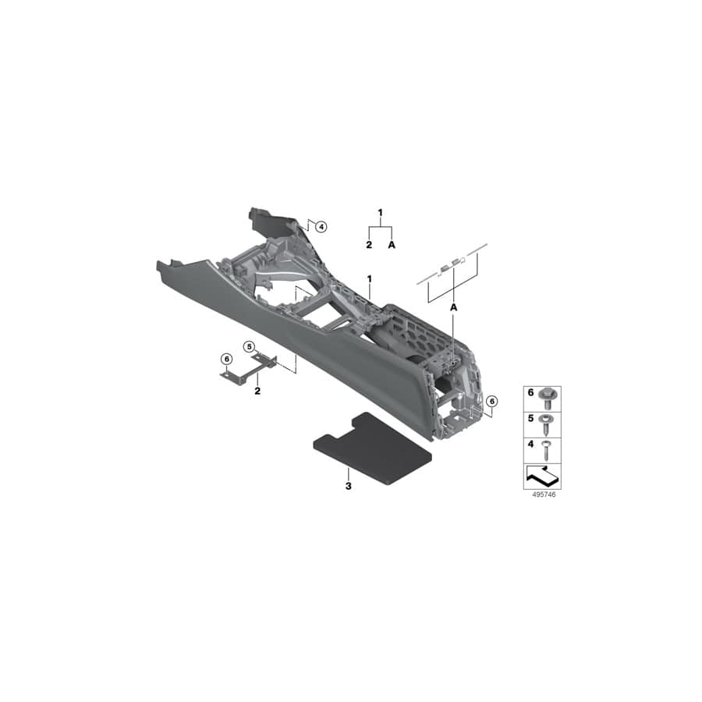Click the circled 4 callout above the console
point(321,226)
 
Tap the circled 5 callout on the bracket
point(249,346)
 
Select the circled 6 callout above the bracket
point(226,359)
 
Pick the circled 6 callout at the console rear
point(491,401)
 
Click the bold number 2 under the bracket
point(257,389)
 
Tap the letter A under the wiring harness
point(452,309)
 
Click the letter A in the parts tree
point(392,245)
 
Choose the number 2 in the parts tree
point(369,245)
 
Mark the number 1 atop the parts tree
point(381,212)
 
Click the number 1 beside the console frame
point(369,278)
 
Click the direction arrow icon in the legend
point(542,474)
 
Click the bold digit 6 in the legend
point(530,393)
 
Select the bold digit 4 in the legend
point(530,444)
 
